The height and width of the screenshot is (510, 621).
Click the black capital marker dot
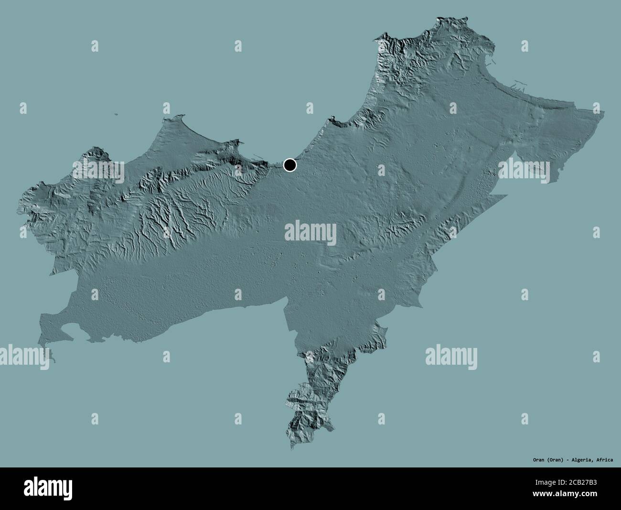tap(289, 165)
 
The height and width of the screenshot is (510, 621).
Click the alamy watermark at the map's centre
tap(310, 234)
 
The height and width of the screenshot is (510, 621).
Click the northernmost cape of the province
tap(439, 19)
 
